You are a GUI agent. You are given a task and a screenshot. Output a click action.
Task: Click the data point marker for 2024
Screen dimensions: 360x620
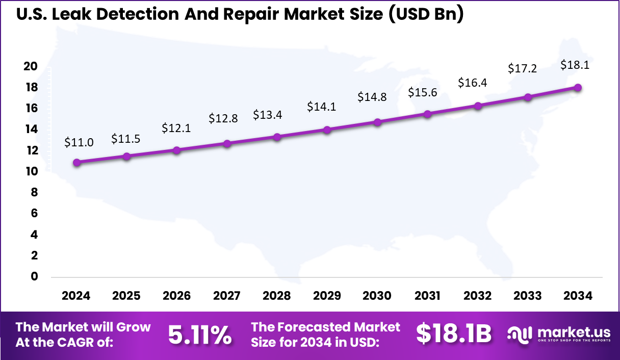(76, 163)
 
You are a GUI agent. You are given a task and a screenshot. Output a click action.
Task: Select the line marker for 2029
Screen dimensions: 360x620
(327, 130)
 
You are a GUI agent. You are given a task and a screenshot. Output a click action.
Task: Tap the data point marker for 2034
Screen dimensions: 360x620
(578, 88)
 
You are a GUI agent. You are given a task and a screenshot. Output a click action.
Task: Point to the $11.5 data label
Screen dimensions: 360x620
(126, 139)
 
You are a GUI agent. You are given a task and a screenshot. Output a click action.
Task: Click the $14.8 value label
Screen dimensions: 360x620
(372, 97)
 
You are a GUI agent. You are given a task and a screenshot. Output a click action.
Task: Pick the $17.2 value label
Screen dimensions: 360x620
(523, 68)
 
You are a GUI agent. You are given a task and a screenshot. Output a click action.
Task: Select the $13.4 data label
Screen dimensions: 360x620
(268, 115)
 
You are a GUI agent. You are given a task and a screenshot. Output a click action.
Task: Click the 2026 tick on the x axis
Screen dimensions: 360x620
(176, 296)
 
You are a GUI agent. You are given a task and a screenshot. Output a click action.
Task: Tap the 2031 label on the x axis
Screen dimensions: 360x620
(427, 296)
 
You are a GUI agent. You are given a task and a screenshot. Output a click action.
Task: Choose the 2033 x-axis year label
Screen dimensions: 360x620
(528, 296)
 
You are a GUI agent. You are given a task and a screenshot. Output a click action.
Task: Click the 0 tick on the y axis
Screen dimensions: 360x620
(34, 276)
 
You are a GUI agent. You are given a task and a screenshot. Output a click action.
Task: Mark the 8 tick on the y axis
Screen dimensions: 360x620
(34, 192)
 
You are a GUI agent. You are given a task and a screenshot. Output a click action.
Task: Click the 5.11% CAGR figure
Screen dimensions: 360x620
(199, 335)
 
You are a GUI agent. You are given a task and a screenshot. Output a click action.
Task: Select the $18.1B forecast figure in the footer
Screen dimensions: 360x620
(454, 334)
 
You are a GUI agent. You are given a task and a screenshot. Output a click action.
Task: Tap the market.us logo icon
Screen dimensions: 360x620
(520, 335)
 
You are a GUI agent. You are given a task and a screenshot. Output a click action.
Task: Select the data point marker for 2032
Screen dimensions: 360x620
(478, 106)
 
